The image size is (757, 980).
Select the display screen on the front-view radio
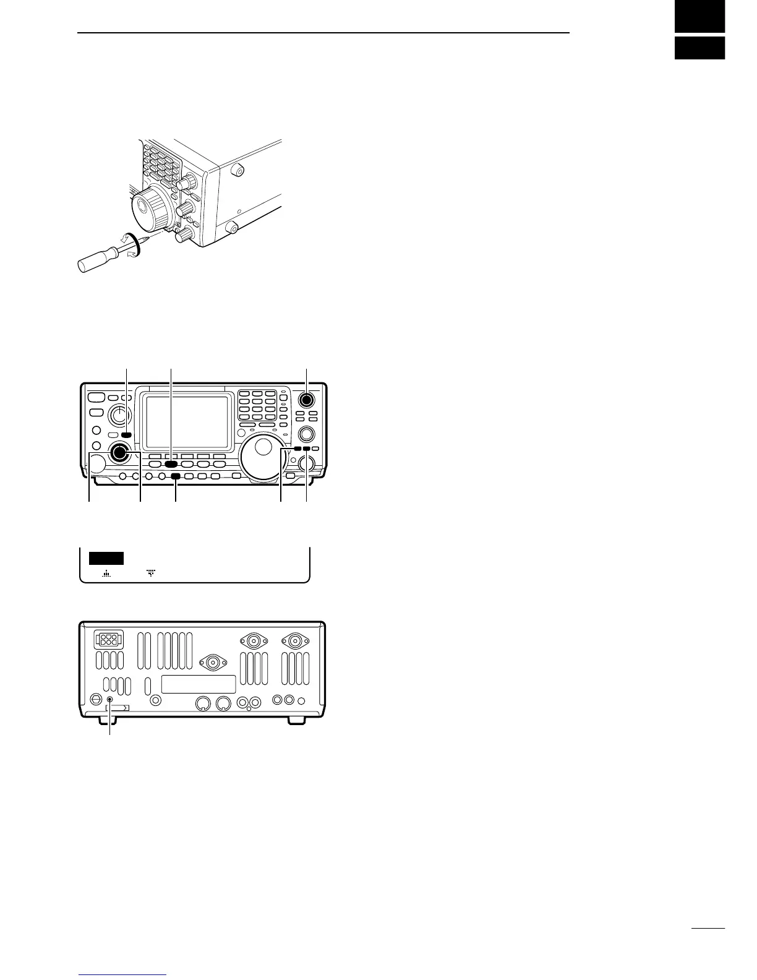pos(187,423)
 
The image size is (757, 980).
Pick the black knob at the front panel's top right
pos(307,399)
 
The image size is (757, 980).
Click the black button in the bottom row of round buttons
pos(176,476)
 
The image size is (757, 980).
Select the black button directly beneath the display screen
pos(171,463)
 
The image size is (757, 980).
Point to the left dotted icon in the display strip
pos(107,574)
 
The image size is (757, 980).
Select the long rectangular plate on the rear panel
pos(199,684)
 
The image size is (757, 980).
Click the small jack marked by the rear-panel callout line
pos(110,701)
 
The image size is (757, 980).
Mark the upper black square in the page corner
pos(699,16)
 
